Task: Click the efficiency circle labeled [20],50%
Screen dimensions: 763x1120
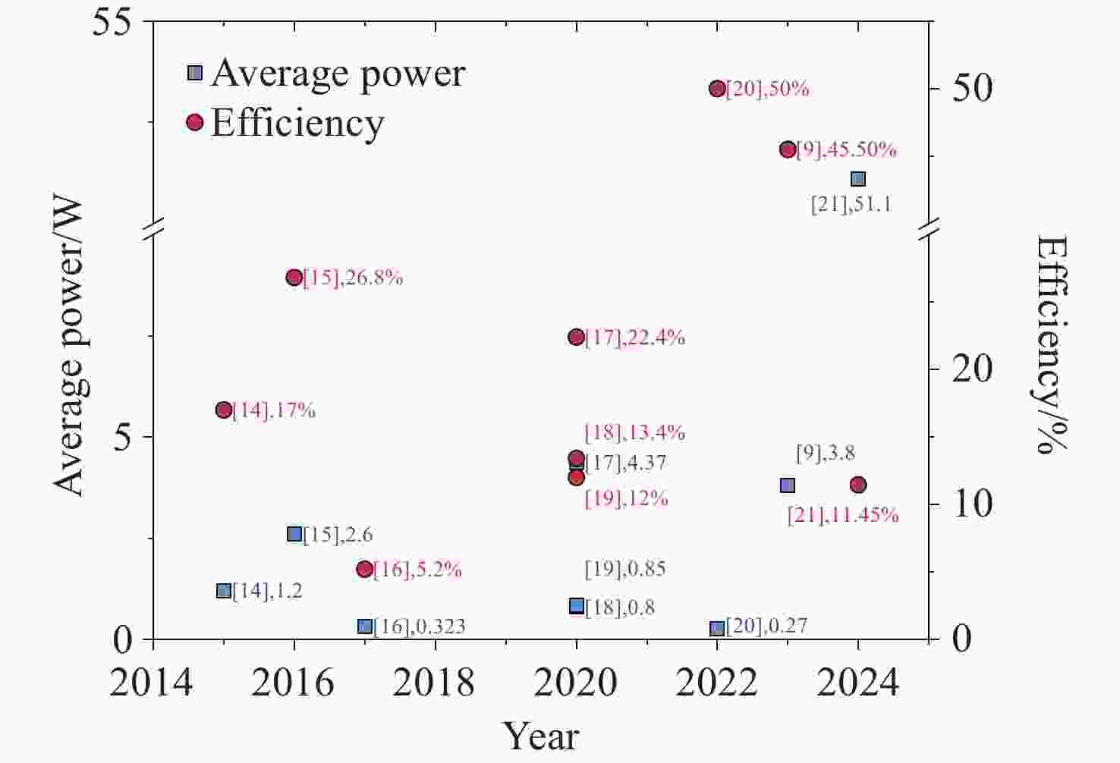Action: tap(717, 89)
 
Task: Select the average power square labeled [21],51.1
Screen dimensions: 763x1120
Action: tap(858, 179)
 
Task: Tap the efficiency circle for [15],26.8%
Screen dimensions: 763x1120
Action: tap(294, 278)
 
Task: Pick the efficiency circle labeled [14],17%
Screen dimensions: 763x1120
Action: tap(223, 410)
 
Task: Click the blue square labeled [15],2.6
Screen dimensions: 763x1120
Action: tap(294, 534)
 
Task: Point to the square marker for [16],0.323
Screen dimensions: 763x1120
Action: tap(365, 626)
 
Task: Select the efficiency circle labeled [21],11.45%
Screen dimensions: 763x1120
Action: tap(858, 485)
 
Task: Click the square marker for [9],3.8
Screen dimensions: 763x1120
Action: tap(788, 485)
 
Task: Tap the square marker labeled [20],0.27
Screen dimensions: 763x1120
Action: tap(717, 628)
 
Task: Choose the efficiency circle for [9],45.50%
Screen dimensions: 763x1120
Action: tap(788, 149)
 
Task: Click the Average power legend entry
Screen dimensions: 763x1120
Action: tap(326, 73)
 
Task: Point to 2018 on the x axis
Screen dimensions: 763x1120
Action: tap(435, 683)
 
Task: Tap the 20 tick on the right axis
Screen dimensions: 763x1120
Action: tap(972, 369)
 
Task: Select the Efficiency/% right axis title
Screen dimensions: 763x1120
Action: tap(1053, 344)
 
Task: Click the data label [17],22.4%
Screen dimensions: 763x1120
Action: tap(634, 338)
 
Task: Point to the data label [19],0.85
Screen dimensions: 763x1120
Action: tap(625, 569)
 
